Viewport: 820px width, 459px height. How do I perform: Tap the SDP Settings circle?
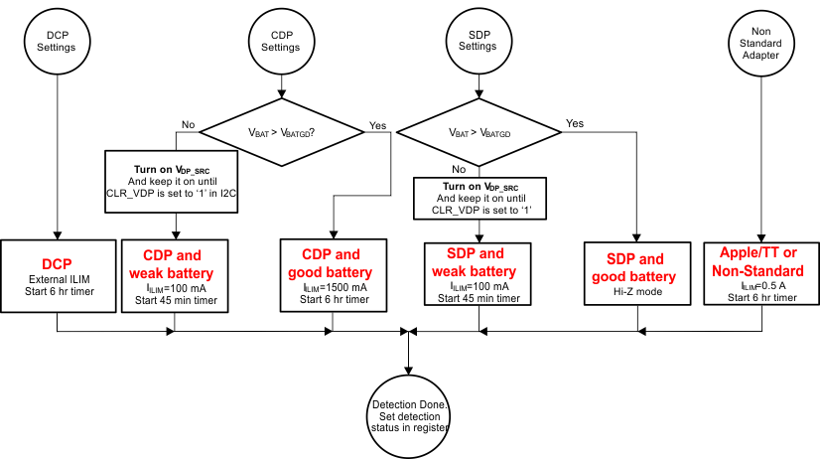tap(478, 39)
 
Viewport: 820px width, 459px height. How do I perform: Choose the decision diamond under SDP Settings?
tap(478, 131)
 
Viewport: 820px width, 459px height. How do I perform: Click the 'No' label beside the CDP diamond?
tap(188, 124)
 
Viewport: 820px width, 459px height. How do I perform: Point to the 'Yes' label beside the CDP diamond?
tap(376, 126)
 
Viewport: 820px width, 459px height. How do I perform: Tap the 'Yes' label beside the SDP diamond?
tap(574, 123)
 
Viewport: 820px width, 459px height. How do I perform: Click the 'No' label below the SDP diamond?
tap(460, 169)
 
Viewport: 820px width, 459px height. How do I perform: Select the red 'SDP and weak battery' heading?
tap(478, 262)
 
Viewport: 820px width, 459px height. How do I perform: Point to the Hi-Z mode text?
tap(640, 294)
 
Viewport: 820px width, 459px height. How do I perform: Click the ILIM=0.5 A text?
tap(759, 285)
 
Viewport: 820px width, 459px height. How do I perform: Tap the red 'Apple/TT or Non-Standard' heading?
tap(760, 260)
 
